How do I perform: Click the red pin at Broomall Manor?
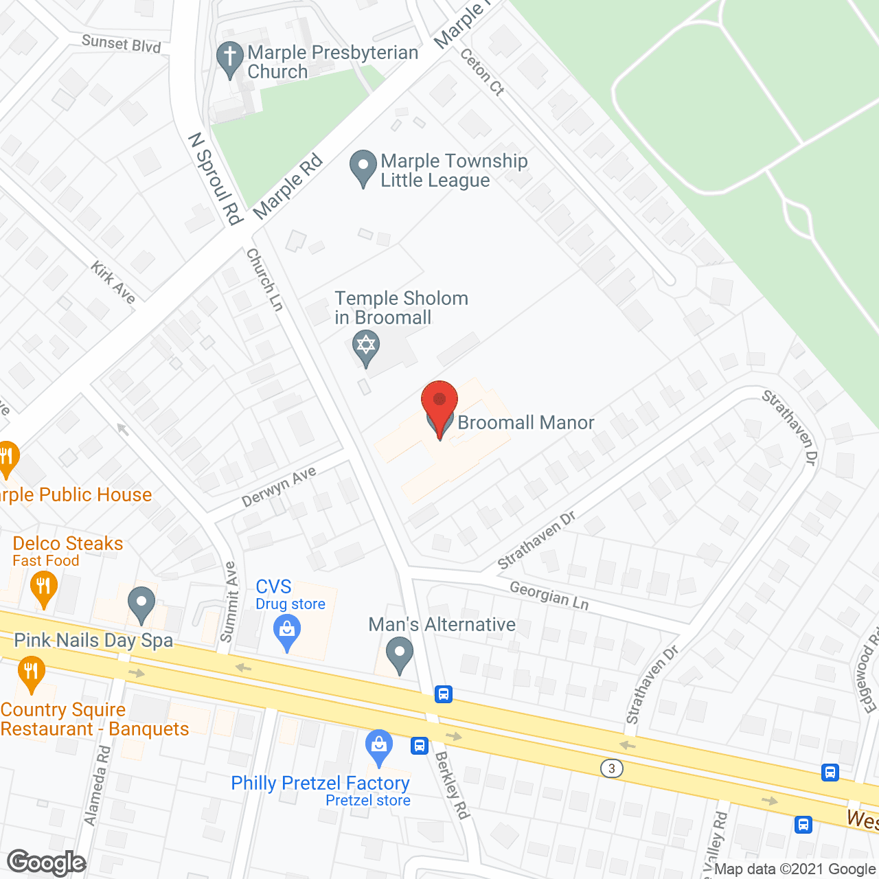click(439, 405)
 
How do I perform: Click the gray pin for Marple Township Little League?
click(363, 167)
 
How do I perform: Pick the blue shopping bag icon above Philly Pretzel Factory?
click(378, 746)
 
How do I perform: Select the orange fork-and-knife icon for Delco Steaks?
click(44, 588)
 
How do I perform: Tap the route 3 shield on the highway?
click(611, 768)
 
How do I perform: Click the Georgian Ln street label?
click(549, 595)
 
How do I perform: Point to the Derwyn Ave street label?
click(279, 486)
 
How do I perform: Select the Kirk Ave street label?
click(113, 282)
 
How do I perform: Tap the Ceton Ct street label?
click(482, 71)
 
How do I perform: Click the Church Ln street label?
click(264, 279)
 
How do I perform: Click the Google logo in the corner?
click(46, 863)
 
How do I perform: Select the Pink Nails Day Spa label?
click(93, 641)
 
